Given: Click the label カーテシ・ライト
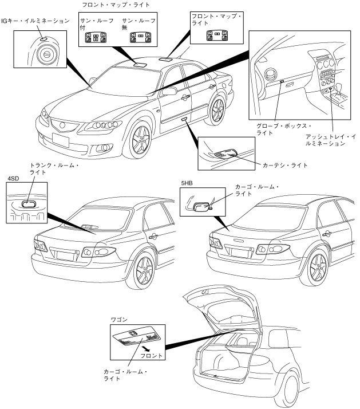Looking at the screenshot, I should [x=284, y=165].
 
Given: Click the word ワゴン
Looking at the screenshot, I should [x=118, y=317].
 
